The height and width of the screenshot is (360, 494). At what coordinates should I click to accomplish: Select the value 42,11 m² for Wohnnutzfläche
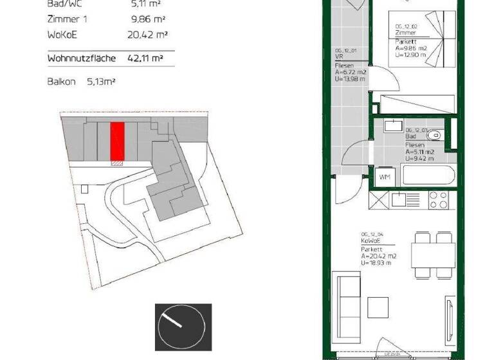coord(145,58)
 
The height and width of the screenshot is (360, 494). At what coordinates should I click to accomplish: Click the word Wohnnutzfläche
coord(81,58)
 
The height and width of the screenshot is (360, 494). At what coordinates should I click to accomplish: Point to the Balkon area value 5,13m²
coord(104,82)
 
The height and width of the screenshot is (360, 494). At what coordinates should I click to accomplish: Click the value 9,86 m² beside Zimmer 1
coord(145,19)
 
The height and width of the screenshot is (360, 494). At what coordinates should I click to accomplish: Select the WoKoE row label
coord(63,35)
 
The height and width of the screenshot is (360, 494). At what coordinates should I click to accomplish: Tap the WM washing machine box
coord(385,177)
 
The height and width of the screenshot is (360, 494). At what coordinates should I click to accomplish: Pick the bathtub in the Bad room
coord(427,175)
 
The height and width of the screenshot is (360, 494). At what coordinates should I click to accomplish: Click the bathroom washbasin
coord(392,125)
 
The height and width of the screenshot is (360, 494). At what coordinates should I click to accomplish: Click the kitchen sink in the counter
coord(398,199)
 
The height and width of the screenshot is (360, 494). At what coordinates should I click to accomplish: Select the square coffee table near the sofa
coord(379,307)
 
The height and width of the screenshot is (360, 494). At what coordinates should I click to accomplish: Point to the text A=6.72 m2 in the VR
coord(350,73)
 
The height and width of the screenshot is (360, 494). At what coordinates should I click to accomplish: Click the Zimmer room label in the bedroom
coord(405,33)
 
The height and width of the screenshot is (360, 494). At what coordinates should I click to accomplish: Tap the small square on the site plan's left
coord(86,189)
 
